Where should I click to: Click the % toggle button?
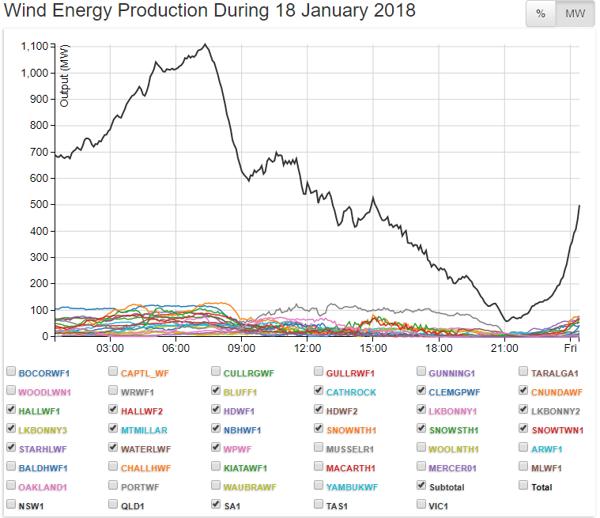click(x=541, y=14)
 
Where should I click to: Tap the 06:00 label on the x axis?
click(x=175, y=348)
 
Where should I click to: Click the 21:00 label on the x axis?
click(x=504, y=348)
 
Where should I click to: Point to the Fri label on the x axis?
click(x=570, y=348)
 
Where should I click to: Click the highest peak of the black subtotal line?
click(x=206, y=44)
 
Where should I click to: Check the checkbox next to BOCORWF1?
click(x=11, y=371)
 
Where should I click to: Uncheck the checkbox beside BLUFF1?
click(x=217, y=390)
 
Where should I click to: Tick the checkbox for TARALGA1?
click(x=524, y=371)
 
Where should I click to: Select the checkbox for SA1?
click(x=217, y=504)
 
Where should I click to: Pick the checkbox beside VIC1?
click(x=421, y=504)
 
